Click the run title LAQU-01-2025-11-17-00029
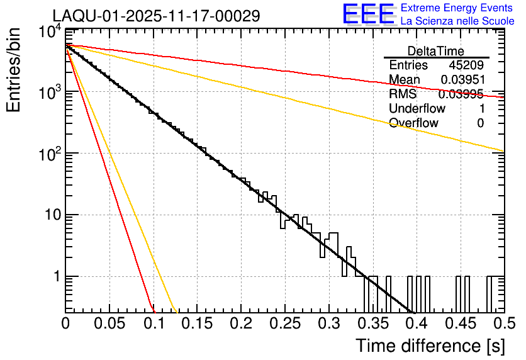[x=156, y=16]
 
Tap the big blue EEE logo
[x=368, y=15]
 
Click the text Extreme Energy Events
[x=457, y=8]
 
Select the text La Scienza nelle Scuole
[x=457, y=22]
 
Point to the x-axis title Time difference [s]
[x=430, y=346]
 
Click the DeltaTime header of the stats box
[x=436, y=51]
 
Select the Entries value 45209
[x=466, y=65]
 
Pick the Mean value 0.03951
[x=462, y=80]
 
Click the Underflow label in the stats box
[x=417, y=109]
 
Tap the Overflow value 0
[x=480, y=123]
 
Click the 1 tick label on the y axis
[x=55, y=277]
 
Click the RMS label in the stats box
[x=403, y=94]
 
